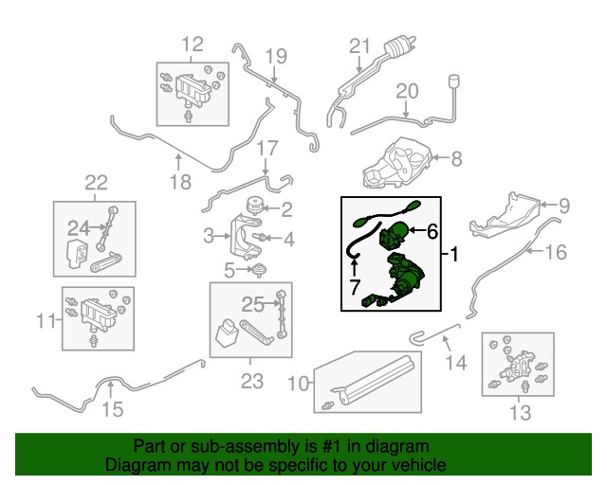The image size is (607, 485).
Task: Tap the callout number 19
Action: [275, 56]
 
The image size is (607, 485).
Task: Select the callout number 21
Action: [358, 46]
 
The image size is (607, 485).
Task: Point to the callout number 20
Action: [407, 92]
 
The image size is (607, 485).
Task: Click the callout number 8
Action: [455, 159]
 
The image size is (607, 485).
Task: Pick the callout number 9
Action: [562, 205]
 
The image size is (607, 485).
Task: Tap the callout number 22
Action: [96, 183]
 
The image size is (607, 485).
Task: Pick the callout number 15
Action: [112, 409]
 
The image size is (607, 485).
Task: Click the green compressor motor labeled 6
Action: [396, 231]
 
